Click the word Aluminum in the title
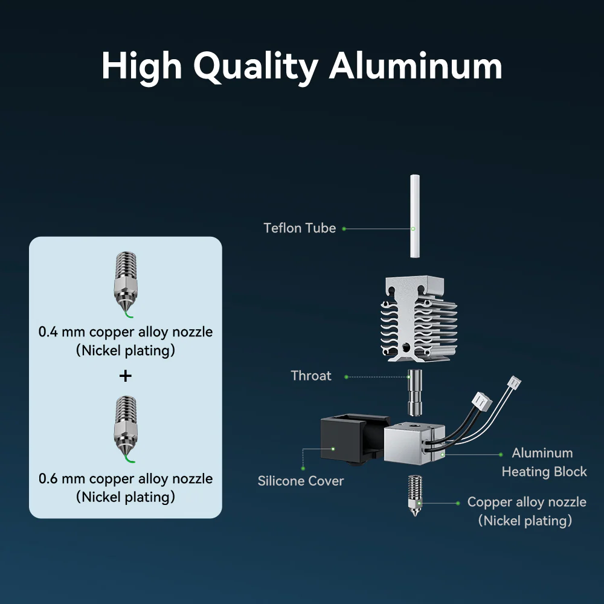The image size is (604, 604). tap(416, 66)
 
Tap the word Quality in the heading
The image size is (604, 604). tap(255, 68)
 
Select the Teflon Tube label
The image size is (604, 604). tap(300, 228)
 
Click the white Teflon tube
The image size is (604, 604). tap(414, 216)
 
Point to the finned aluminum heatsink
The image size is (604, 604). tap(419, 319)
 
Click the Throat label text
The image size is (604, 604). tap(311, 376)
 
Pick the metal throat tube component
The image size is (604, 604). tap(415, 393)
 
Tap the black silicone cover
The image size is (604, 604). tap(355, 439)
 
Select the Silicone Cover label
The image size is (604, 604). tap(300, 481)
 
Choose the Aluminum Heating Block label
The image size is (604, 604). tap(544, 462)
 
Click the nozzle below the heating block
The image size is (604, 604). tap(415, 495)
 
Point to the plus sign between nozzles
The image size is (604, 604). tap(126, 376)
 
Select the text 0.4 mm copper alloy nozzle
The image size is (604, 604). tap(126, 332)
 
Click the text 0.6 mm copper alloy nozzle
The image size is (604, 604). tap(126, 479)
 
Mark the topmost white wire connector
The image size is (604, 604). tap(514, 383)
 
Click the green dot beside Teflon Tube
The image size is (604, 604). tap(344, 229)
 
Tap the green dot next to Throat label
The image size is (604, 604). tap(346, 377)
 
